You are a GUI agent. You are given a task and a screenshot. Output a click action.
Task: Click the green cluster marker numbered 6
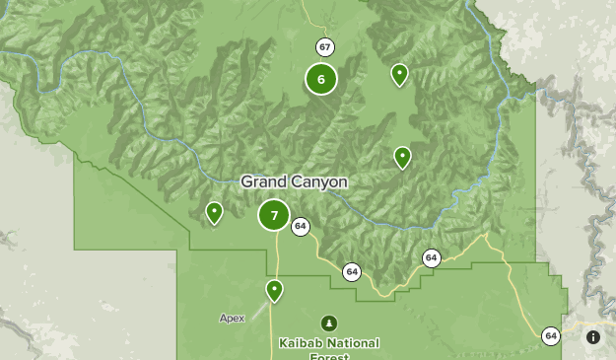click(321, 79)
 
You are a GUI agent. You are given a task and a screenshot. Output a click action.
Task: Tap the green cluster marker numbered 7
click(274, 215)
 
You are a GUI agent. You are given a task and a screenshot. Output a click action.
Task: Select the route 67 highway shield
click(324, 46)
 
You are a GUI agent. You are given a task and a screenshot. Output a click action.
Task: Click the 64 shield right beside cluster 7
click(301, 227)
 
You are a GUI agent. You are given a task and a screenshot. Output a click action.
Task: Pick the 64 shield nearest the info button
click(550, 336)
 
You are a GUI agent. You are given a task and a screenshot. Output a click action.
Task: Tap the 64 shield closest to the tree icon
click(352, 271)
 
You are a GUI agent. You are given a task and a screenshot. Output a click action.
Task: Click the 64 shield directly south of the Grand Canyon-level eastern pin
click(431, 257)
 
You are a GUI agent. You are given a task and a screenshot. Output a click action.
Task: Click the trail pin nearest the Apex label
click(274, 290)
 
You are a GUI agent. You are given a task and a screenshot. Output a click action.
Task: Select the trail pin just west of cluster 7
click(214, 212)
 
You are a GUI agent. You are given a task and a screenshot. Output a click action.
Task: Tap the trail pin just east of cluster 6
click(399, 74)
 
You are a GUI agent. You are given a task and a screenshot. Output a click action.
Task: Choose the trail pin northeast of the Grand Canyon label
click(402, 157)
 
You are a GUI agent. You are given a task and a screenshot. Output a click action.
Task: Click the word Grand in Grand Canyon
click(262, 182)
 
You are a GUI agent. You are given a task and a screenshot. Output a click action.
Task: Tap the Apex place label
click(232, 319)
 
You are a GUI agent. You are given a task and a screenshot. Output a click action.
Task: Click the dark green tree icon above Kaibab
click(328, 323)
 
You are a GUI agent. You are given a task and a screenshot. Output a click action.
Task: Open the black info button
click(593, 337)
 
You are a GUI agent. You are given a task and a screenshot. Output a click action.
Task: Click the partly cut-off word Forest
click(327, 356)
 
